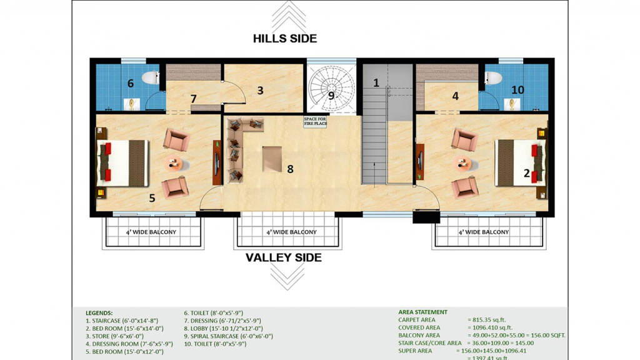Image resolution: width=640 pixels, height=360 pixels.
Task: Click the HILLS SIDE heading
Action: pyautogui.click(x=285, y=38)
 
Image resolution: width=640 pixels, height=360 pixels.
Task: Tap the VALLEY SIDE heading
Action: pyautogui.click(x=284, y=257)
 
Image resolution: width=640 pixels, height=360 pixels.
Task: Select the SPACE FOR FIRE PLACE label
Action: pyautogui.click(x=315, y=121)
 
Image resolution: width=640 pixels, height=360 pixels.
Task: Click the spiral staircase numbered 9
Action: pyautogui.click(x=331, y=87)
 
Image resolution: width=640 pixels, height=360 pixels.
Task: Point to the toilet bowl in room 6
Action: pyautogui.click(x=151, y=77)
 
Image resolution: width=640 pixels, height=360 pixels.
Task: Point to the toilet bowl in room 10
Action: pyautogui.click(x=493, y=77)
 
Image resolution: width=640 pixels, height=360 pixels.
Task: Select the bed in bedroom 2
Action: pyautogui.click(x=521, y=163)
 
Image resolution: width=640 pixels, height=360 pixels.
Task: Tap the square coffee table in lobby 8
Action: pyautogui.click(x=272, y=159)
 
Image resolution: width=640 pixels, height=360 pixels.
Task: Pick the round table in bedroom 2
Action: pyautogui.click(x=462, y=164)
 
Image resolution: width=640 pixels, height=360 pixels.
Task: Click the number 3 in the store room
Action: pyautogui.click(x=261, y=91)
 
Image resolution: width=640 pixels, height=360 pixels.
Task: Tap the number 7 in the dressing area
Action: pyautogui.click(x=194, y=99)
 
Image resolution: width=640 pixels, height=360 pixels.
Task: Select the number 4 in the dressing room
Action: pyautogui.click(x=456, y=96)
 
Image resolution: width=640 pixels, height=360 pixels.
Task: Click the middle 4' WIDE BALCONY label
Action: pyautogui.click(x=291, y=232)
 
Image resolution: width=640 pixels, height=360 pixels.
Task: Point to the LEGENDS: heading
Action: pyautogui.click(x=99, y=313)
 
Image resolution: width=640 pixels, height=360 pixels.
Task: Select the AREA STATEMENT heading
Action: pyautogui.click(x=423, y=312)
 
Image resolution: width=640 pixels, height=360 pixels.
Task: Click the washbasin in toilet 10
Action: pyautogui.click(x=511, y=104)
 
